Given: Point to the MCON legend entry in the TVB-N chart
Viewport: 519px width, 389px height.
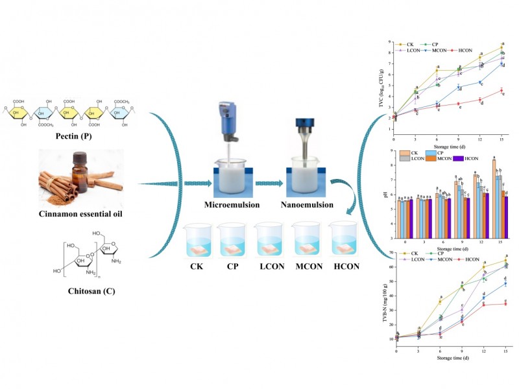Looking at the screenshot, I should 454,259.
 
